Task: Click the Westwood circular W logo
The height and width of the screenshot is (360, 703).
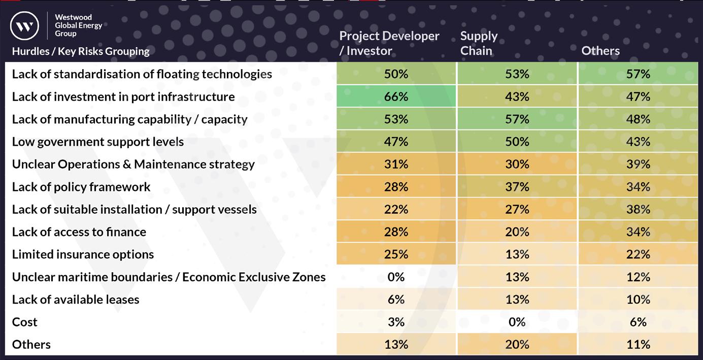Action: point(24,26)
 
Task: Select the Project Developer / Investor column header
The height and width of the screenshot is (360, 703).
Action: point(389,43)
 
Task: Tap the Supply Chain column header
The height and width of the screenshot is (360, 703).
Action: point(479,43)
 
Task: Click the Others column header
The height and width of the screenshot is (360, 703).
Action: point(600,51)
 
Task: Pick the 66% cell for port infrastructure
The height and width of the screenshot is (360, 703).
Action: point(396,96)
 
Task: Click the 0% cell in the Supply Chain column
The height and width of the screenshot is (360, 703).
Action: point(517,322)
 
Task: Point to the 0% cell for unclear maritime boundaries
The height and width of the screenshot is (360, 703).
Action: point(396,277)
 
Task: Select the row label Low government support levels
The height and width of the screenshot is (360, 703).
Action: point(98,142)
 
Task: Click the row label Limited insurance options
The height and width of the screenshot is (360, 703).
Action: point(83,254)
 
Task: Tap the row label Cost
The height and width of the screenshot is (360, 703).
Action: point(25,322)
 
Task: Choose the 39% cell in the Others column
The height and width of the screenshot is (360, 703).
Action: point(638,164)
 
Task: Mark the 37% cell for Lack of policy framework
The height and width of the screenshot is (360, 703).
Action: point(517,187)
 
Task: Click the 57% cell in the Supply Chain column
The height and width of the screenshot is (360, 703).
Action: point(517,119)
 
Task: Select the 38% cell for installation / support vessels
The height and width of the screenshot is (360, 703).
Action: point(638,209)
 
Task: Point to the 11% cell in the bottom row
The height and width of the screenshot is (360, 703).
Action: point(638,344)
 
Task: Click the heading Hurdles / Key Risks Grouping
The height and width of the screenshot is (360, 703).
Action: point(81,51)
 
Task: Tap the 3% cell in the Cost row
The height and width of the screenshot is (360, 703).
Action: point(396,322)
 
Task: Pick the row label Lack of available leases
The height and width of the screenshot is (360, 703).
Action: point(76,300)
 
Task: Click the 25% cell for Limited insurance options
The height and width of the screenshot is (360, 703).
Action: point(396,254)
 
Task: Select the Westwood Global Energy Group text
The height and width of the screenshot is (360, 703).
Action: point(78,25)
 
